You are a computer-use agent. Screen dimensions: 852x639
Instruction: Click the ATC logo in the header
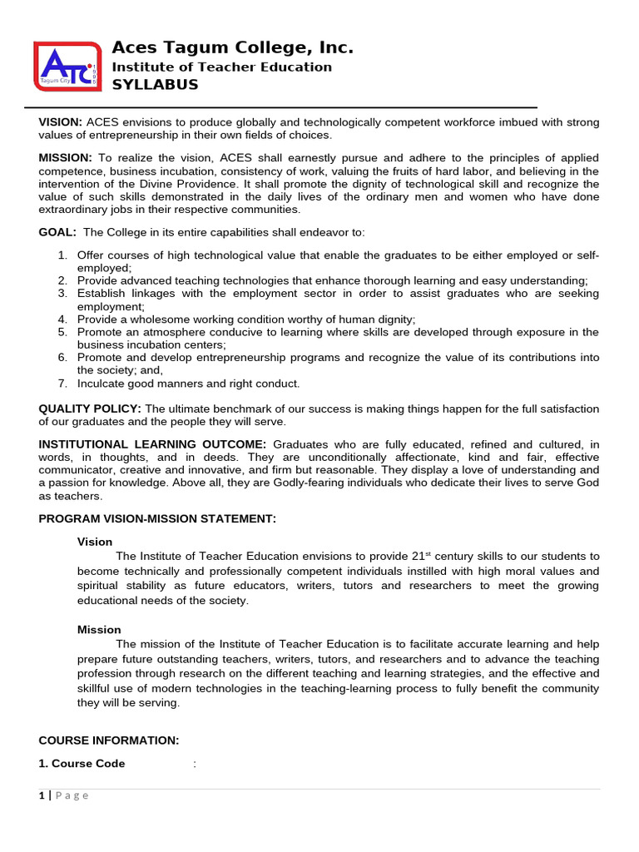[66, 66]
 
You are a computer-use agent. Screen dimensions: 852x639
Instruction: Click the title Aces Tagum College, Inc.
[232, 47]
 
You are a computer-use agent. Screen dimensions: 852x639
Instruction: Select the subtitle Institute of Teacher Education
[221, 67]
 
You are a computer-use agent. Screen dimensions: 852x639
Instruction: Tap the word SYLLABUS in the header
[155, 85]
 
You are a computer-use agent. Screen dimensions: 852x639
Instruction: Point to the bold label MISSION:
[65, 158]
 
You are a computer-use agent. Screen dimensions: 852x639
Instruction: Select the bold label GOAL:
[57, 231]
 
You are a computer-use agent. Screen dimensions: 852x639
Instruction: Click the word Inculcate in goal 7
[102, 384]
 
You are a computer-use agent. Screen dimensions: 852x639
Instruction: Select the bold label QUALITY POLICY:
[90, 409]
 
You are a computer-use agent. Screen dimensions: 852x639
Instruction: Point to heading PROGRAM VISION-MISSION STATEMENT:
[157, 519]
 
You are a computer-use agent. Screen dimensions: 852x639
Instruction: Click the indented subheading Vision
[95, 542]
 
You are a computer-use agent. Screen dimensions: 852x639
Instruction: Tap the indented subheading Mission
[99, 630]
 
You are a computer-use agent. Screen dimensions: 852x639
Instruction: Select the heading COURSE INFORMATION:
[109, 741]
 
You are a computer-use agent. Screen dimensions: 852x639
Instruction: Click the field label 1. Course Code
[82, 764]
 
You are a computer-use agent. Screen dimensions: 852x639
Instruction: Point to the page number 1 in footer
[41, 795]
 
